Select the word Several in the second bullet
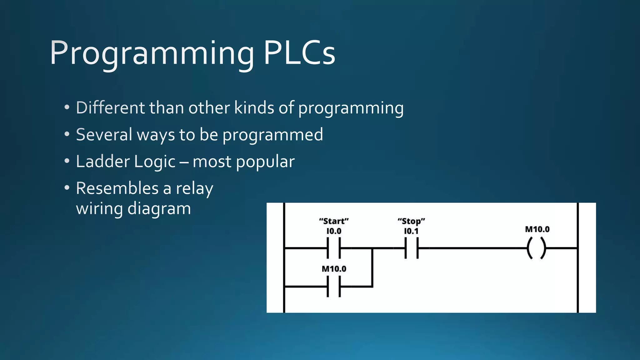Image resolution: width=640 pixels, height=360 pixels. (104, 135)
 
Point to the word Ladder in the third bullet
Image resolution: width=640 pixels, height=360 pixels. (102, 162)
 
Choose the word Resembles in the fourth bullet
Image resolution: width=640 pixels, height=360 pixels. (117, 188)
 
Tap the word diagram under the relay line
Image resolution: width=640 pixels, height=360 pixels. (159, 208)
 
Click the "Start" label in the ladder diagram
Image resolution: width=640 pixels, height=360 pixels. (334, 221)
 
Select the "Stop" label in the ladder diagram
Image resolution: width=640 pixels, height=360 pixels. (411, 221)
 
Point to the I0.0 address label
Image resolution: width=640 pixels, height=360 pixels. (334, 231)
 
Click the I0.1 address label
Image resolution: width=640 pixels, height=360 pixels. (411, 231)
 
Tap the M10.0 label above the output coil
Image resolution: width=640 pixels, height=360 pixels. (537, 229)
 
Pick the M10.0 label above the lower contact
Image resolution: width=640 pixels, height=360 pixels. (334, 269)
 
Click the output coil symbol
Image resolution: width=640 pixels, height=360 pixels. (537, 248)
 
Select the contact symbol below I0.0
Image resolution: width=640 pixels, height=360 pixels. (334, 248)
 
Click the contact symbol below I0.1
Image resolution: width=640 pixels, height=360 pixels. (412, 248)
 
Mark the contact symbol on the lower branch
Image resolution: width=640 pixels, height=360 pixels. (334, 287)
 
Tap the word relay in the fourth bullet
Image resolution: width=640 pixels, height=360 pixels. (194, 188)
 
